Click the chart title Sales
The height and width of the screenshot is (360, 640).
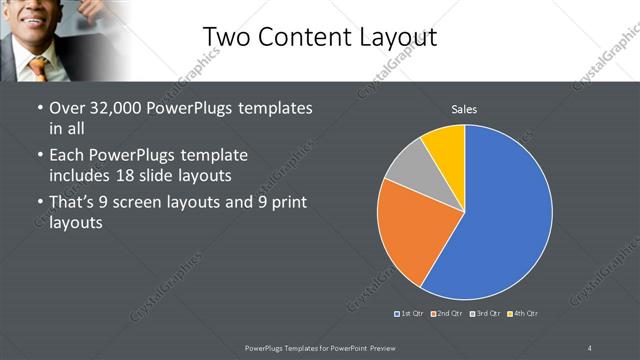tap(464, 108)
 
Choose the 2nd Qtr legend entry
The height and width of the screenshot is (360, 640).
tap(447, 314)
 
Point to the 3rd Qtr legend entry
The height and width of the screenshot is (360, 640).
tap(485, 314)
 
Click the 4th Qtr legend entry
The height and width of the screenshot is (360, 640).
tap(523, 314)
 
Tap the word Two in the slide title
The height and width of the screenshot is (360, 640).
tap(225, 37)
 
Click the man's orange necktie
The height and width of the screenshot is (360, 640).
tap(38, 67)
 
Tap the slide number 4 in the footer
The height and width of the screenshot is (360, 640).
tap(589, 347)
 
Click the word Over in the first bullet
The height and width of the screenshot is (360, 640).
tap(68, 108)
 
